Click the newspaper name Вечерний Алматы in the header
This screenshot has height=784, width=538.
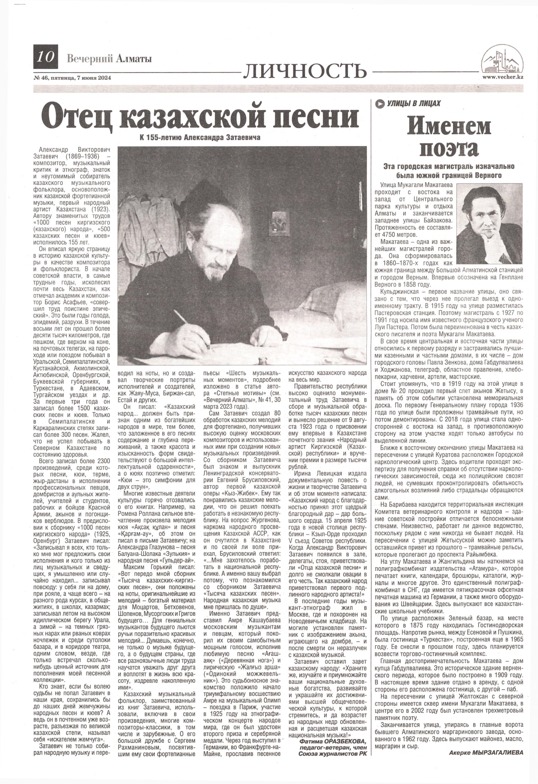pos(110,59)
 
